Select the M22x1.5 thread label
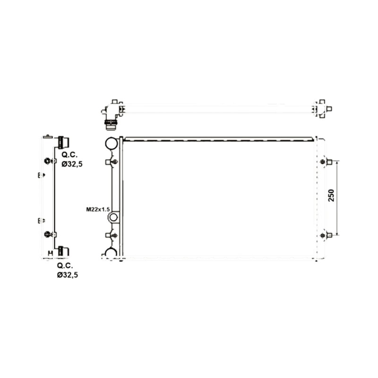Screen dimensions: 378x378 [x=98, y=209]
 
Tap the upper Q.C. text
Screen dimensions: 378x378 [x=69, y=155]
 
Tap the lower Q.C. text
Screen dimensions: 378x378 [x=65, y=266]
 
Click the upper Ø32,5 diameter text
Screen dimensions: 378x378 [x=72, y=164]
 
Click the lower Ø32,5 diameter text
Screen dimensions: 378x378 [x=68, y=275]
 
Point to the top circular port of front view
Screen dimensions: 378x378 [x=112, y=143]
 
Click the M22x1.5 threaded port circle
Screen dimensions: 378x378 [x=113, y=217]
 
